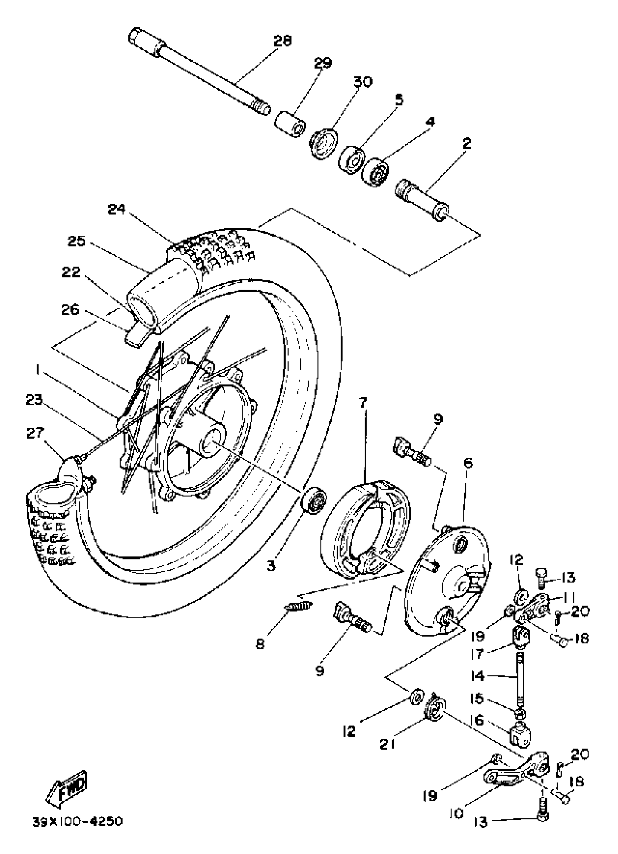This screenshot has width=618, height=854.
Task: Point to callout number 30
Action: (362, 81)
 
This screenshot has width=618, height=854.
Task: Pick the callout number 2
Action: (467, 143)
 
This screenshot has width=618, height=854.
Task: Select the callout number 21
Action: (387, 745)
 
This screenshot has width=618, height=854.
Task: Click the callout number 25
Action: (77, 242)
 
